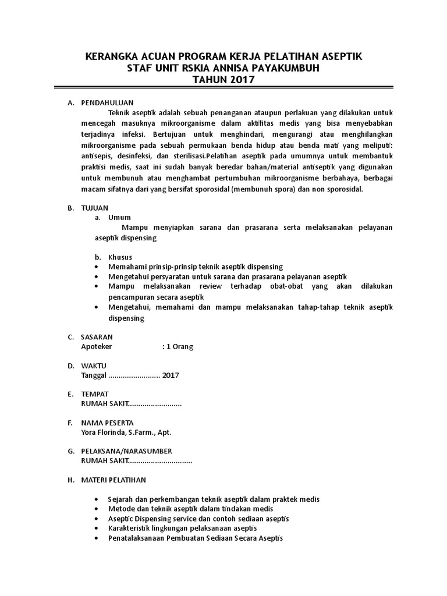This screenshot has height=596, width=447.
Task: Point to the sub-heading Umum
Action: click(x=118, y=217)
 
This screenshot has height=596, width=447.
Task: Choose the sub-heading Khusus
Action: click(x=120, y=257)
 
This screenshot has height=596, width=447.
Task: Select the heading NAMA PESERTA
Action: click(x=107, y=423)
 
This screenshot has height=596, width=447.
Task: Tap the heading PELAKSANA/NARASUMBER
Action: click(x=126, y=451)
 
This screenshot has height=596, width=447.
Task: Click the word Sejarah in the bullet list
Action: click(x=121, y=499)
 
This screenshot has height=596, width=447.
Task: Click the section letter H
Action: click(x=70, y=480)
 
